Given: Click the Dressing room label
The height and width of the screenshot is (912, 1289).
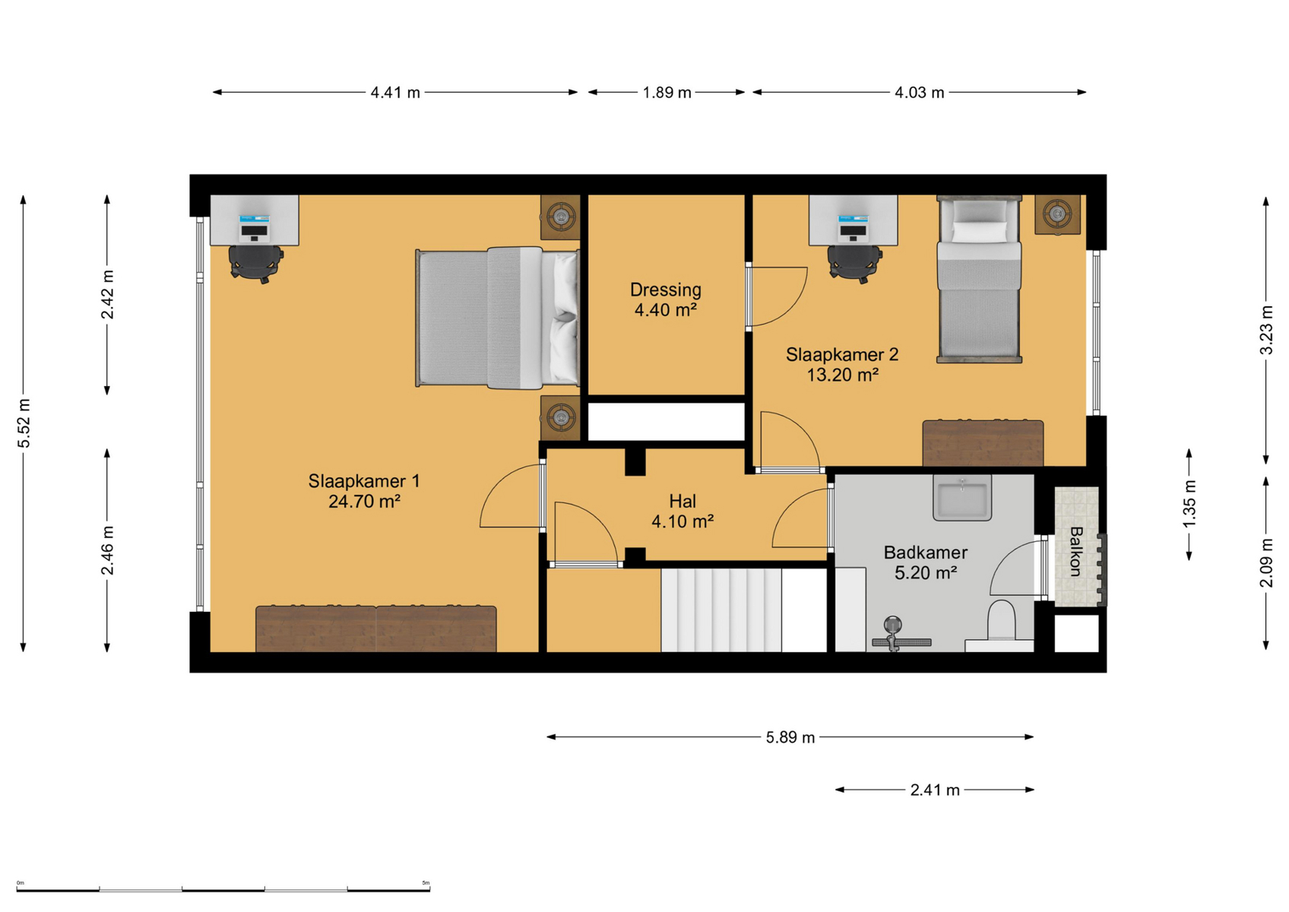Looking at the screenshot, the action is (665, 290).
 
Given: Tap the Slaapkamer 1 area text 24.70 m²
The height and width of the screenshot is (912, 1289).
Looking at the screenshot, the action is (364, 502).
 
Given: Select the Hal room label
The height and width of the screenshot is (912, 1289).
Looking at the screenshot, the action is (683, 501).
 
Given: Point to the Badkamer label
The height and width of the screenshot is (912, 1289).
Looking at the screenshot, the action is (925, 553).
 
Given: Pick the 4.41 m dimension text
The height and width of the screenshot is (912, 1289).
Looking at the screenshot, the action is (395, 92).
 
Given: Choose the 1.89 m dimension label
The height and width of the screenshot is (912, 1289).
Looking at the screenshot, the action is (667, 92).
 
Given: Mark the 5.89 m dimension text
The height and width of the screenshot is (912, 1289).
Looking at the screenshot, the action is (790, 737).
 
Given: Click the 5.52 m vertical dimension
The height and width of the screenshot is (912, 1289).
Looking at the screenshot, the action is (24, 423).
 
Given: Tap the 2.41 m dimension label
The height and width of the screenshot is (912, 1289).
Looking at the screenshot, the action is (935, 790).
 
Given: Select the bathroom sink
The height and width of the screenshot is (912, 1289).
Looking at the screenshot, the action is (962, 498).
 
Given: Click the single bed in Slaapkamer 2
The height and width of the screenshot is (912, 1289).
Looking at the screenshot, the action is (979, 279).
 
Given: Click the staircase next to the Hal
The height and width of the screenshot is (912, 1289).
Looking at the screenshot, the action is (721, 610).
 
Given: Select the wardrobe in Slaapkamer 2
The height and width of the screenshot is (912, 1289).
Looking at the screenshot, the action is (983, 443).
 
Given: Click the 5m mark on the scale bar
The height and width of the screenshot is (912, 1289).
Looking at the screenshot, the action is (426, 882).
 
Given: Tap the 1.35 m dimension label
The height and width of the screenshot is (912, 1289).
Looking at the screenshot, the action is (1189, 503).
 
